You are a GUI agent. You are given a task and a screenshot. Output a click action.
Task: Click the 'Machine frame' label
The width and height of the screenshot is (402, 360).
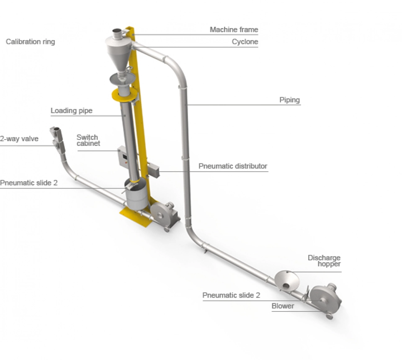click(x=234, y=30)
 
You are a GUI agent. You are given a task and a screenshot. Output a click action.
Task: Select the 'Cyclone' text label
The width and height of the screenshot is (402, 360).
click(x=245, y=42)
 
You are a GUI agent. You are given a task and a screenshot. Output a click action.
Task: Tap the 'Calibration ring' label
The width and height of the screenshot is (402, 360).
click(x=30, y=42)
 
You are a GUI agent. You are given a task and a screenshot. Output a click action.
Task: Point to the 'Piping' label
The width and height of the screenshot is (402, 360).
click(x=289, y=100)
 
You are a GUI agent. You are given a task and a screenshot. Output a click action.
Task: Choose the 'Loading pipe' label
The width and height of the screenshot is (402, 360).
click(x=72, y=111)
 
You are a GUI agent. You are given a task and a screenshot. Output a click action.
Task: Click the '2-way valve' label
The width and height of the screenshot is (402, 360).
click(x=19, y=139)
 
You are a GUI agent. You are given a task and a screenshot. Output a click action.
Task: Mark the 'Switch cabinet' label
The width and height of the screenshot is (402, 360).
click(x=88, y=140)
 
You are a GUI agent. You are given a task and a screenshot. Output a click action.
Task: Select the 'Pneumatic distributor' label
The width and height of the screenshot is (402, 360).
click(x=233, y=166)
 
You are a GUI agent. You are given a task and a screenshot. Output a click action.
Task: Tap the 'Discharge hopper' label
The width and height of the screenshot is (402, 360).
click(x=324, y=261)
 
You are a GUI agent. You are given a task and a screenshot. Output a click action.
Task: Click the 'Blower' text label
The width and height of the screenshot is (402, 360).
click(x=283, y=306)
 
